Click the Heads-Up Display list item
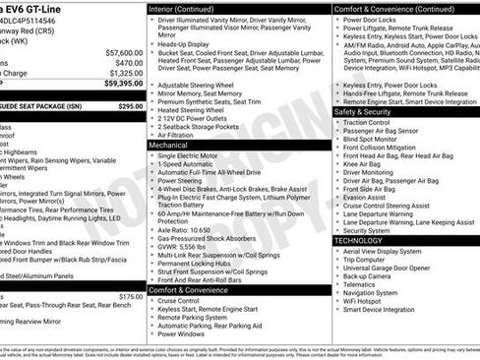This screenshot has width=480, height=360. [187, 43]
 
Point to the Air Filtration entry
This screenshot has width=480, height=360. [180, 134]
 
